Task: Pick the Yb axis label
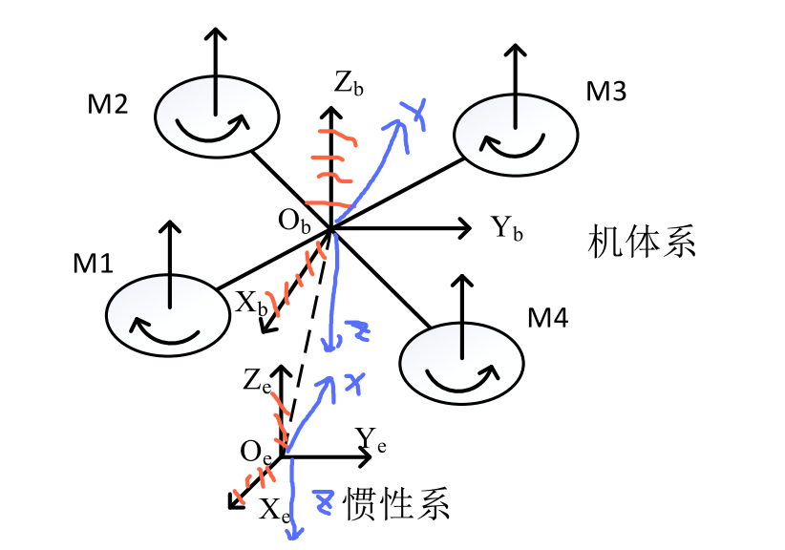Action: coord(507,228)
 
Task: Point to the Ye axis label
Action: coord(371,438)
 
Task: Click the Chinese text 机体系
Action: coord(641,241)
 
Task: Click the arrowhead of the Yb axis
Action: coord(466,228)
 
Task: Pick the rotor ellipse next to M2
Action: coord(218,118)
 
